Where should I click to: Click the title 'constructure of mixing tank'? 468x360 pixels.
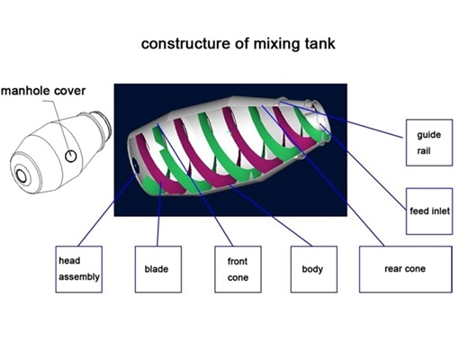[238, 44]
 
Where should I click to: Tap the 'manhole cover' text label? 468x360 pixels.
[43, 91]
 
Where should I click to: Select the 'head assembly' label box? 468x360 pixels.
[79, 269]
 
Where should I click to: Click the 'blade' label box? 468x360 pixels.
[158, 269]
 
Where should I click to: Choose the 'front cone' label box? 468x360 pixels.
[238, 269]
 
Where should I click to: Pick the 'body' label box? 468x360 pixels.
[314, 269]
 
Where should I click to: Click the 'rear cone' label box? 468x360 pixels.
[406, 269]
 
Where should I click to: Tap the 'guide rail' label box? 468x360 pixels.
[429, 142]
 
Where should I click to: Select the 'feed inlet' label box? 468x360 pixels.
[429, 211]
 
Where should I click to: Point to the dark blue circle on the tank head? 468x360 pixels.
[136, 166]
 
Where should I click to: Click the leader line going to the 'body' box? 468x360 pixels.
[271, 216]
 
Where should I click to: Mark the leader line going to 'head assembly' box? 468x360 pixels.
[107, 211]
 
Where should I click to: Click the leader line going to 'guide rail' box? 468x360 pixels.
[341, 120]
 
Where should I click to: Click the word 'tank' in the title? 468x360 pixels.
[320, 44]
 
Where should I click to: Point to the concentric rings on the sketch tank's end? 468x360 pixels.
[22, 175]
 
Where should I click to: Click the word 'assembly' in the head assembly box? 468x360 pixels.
[79, 277]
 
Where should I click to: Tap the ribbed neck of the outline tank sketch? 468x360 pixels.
[102, 126]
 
